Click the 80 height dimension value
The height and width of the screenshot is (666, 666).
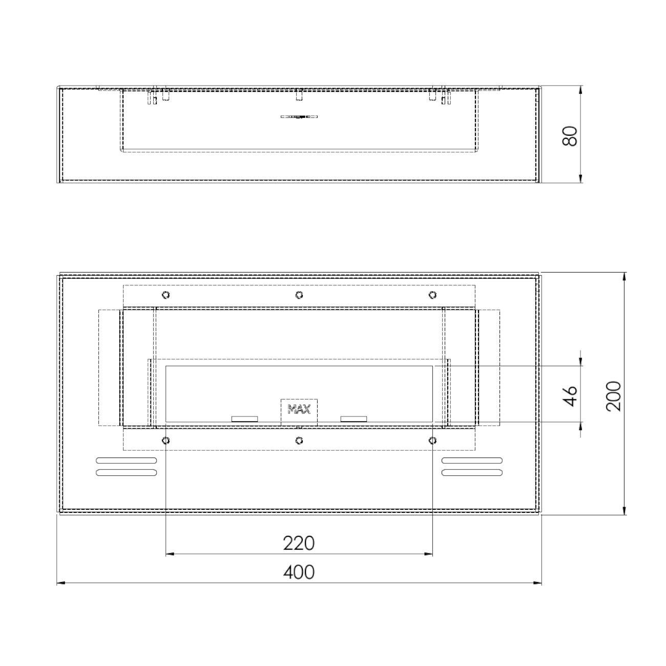(x=570, y=135)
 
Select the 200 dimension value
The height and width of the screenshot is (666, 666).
(x=613, y=396)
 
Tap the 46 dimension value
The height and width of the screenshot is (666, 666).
(x=570, y=396)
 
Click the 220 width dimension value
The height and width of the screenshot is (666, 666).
(x=299, y=543)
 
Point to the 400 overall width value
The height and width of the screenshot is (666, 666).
(x=299, y=572)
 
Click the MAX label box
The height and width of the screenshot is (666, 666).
(x=299, y=410)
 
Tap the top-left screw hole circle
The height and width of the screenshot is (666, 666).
(x=165, y=295)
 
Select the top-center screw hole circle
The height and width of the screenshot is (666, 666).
(x=299, y=295)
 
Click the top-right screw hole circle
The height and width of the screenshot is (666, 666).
(x=432, y=295)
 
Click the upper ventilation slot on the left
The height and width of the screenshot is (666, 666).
(x=126, y=460)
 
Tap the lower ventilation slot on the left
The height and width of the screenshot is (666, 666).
(x=126, y=472)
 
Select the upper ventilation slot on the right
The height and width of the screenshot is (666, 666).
(x=472, y=460)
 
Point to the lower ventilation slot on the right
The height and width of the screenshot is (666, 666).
(x=472, y=472)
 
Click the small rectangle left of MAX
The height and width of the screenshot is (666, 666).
(x=244, y=419)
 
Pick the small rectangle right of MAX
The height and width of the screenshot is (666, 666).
(x=353, y=419)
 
